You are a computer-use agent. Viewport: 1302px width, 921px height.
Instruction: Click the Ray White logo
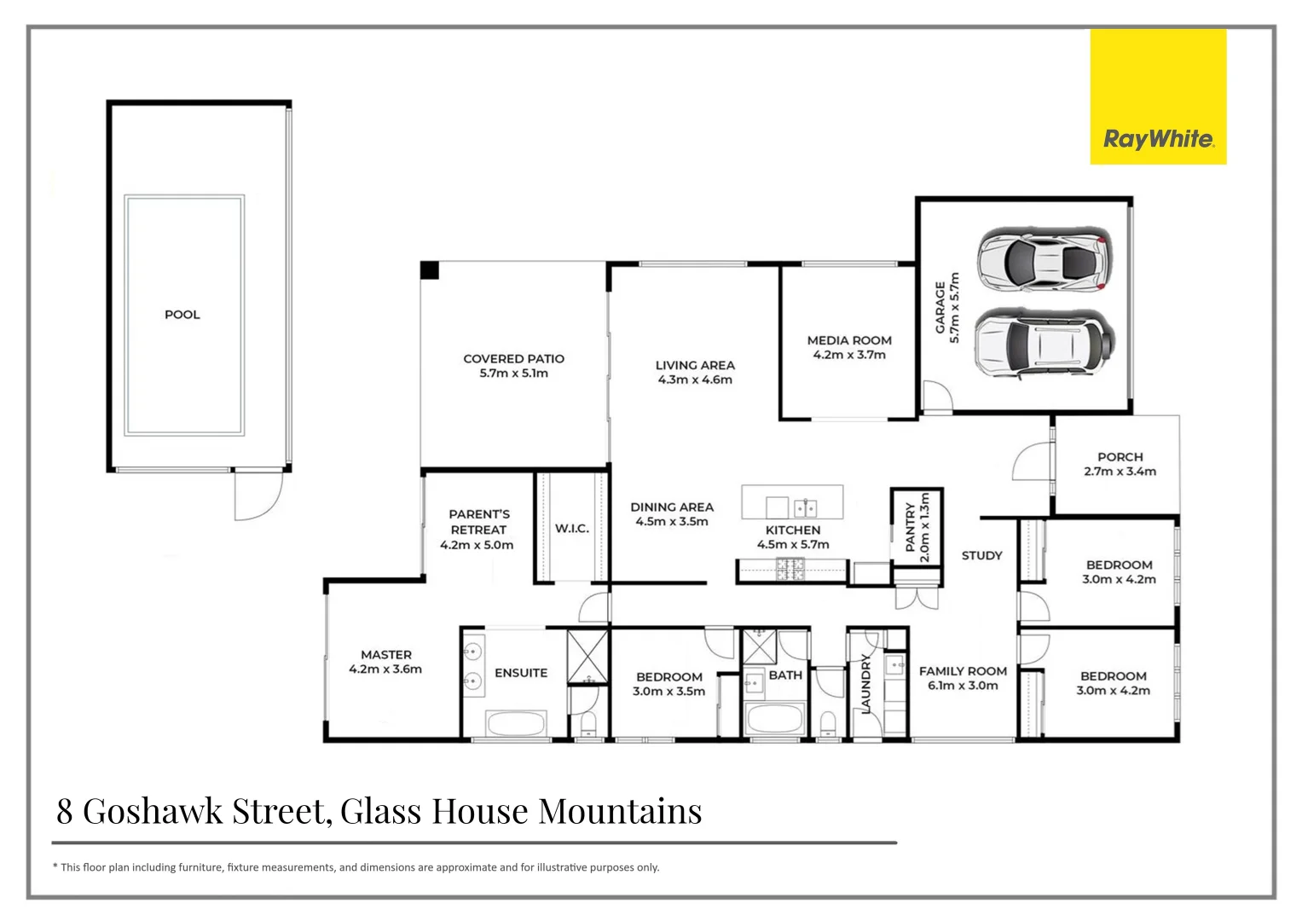[x=1158, y=139]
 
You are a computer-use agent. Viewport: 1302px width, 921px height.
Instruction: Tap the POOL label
[x=182, y=315]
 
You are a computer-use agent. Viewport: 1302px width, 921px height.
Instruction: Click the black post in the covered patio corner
[x=430, y=270]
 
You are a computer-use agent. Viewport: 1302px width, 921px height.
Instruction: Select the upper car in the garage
[x=1044, y=259]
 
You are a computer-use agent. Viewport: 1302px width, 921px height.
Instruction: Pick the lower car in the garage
[x=1044, y=343]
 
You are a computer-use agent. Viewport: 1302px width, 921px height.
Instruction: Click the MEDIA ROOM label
[x=849, y=340]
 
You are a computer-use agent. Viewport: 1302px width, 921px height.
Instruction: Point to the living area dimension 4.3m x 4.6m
[x=695, y=379]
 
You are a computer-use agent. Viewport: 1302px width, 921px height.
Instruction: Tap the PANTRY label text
[x=910, y=527]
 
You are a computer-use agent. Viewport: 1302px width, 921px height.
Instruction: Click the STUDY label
[x=981, y=555]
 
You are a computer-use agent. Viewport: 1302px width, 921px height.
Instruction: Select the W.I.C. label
[x=572, y=529]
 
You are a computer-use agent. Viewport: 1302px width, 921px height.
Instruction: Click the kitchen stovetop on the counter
[x=790, y=569]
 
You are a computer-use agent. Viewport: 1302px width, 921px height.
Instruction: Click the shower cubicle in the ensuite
[x=588, y=657]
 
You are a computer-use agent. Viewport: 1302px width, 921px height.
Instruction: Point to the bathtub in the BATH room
[x=774, y=719]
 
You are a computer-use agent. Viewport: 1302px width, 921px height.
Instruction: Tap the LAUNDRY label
[x=866, y=683]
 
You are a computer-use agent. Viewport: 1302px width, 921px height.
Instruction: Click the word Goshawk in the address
[x=153, y=811]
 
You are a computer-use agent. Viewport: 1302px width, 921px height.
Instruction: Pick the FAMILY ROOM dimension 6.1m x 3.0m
[x=963, y=686]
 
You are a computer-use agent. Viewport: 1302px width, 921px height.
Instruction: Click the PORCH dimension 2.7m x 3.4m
[x=1120, y=472]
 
